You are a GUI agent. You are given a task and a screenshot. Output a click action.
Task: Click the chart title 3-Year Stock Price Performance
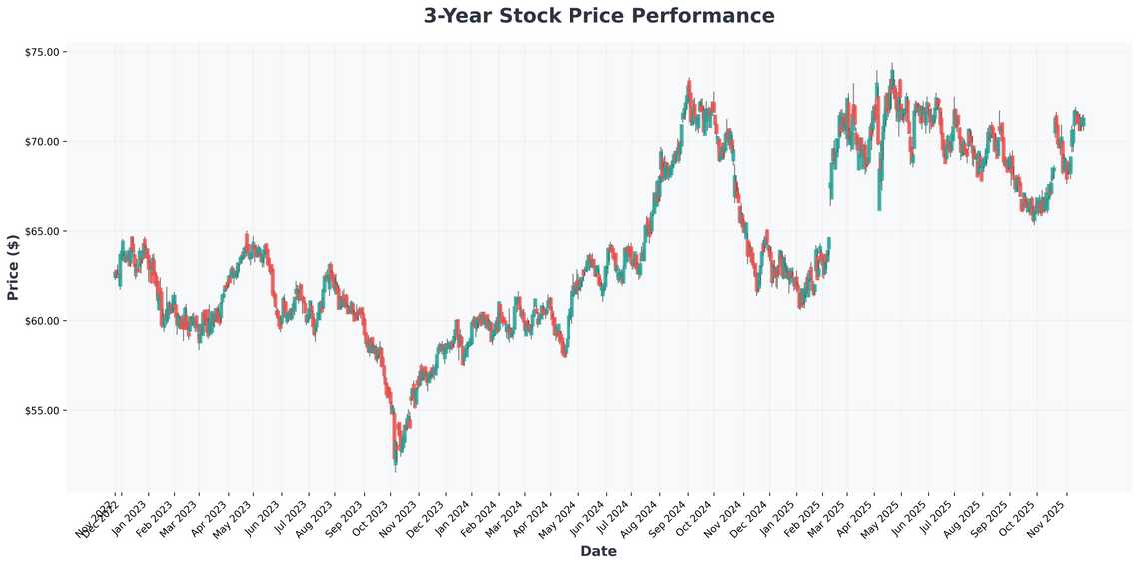pos(598,16)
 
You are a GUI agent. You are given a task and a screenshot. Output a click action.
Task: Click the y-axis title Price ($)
pos(13,266)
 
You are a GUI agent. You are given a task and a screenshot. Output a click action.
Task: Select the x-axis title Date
pos(598,551)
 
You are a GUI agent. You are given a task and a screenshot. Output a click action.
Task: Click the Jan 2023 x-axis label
pos(129,519)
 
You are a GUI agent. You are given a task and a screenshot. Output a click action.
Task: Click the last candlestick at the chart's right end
pos(1083,122)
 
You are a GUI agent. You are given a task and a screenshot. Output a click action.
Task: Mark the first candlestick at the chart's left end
pos(115,274)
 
